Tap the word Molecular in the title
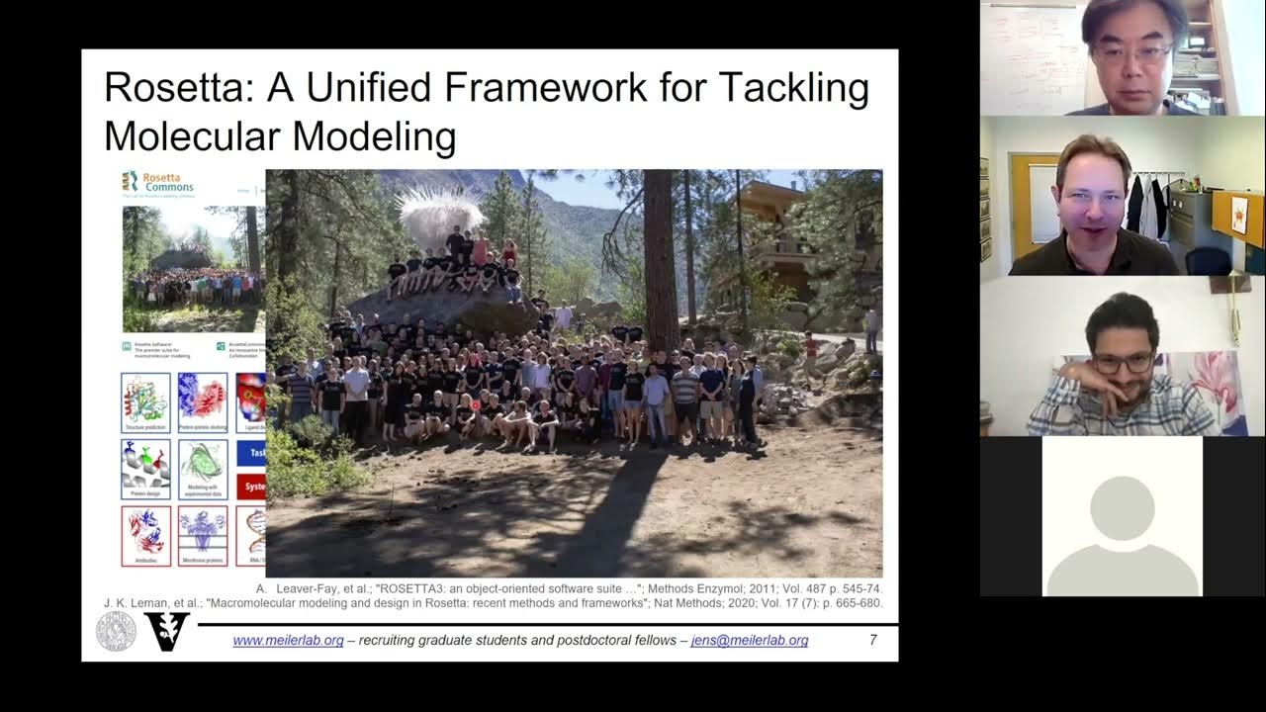pyautogui.click(x=192, y=135)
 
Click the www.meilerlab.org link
pyautogui.click(x=288, y=640)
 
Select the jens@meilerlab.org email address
pyautogui.click(x=749, y=640)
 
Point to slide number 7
pyautogui.click(x=872, y=640)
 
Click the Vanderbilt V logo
pyautogui.click(x=165, y=632)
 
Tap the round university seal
pyautogui.click(x=116, y=632)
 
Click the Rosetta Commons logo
pyautogui.click(x=158, y=182)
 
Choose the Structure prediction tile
pyautogui.click(x=145, y=402)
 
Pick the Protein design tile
pyautogui.click(x=145, y=469)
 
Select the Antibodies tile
pyautogui.click(x=145, y=535)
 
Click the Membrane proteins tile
pyautogui.click(x=203, y=535)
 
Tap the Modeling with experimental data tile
pyautogui.click(x=203, y=469)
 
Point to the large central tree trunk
pyautogui.click(x=660, y=257)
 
